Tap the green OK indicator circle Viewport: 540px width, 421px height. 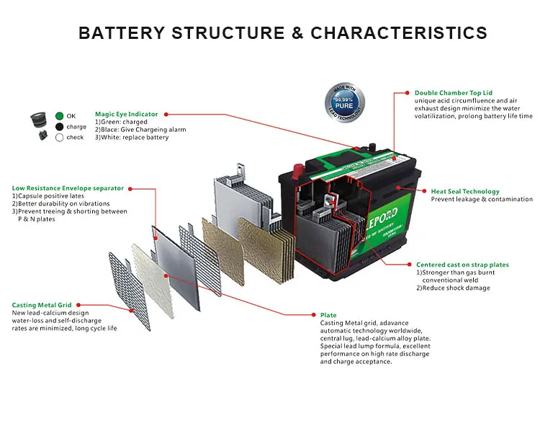(x=59, y=116)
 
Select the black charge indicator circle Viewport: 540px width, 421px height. (x=59, y=127)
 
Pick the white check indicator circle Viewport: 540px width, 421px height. (x=59, y=138)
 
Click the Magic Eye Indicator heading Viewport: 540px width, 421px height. (x=126, y=114)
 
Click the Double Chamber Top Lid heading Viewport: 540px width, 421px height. (x=454, y=93)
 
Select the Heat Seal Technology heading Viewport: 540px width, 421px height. (x=465, y=192)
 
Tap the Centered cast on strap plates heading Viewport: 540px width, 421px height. (x=462, y=265)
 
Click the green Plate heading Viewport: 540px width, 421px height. (x=328, y=315)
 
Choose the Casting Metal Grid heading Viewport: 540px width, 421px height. (x=41, y=305)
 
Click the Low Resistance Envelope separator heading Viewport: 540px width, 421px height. (x=68, y=188)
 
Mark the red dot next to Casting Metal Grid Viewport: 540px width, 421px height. (x=78, y=305)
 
